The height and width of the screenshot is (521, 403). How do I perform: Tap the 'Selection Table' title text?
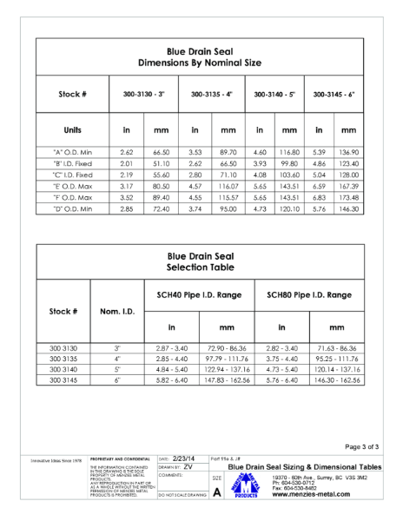coord(201,267)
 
